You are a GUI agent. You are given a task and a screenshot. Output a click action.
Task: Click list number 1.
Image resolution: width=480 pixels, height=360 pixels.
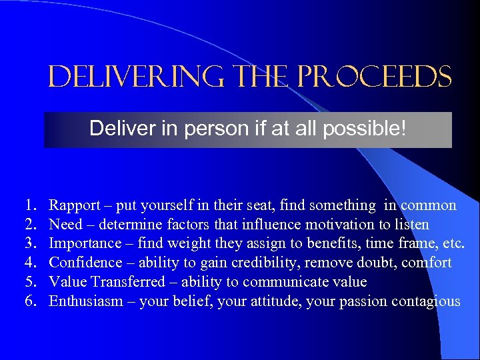[30, 205]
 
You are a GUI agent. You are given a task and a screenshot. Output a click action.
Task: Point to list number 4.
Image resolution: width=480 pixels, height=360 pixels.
[30, 263]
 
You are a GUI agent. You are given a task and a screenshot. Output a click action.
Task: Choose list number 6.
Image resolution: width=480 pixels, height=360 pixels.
[30, 301]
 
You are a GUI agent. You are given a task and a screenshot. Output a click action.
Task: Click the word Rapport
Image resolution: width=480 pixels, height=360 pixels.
[74, 205]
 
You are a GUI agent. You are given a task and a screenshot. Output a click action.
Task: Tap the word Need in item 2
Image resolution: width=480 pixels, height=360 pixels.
[65, 225]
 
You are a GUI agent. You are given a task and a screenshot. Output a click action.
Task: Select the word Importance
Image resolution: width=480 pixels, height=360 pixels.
[85, 243]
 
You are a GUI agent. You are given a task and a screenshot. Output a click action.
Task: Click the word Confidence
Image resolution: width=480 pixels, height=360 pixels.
[86, 263]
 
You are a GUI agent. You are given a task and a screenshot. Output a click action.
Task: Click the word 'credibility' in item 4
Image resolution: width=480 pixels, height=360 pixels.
[251, 263]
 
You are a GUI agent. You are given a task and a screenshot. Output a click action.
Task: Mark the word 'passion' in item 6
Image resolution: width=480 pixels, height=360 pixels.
[367, 301]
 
